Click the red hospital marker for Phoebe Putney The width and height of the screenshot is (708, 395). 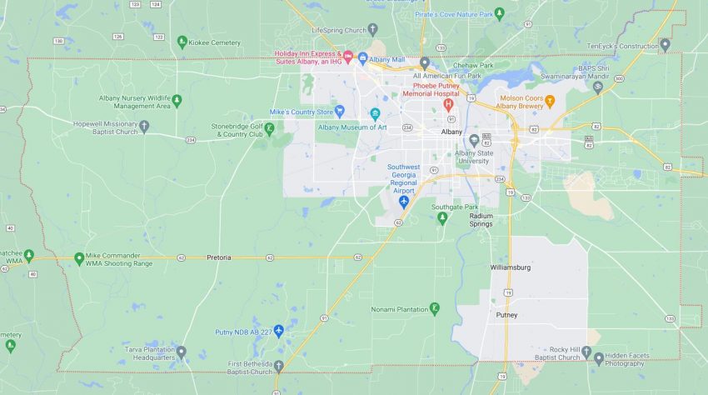[x=448, y=104]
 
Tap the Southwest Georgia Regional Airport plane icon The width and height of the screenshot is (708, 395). [x=404, y=202]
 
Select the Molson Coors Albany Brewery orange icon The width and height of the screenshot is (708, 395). [x=549, y=103]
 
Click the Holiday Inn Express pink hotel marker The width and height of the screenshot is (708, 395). [x=348, y=56]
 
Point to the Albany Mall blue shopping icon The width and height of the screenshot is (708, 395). [x=362, y=58]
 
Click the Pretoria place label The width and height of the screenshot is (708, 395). [x=219, y=257]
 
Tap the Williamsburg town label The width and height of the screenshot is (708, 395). [x=510, y=267]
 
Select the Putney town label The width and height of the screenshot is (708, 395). [x=506, y=315]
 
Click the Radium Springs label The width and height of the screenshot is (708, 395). [x=481, y=220]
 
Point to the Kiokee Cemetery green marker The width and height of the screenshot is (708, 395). [x=182, y=41]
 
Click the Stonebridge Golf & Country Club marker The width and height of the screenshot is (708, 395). [x=270, y=127]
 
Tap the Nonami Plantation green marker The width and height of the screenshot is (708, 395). [x=434, y=309]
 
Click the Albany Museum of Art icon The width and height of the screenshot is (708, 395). [x=375, y=113]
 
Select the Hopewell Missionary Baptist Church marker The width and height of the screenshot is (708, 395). [x=144, y=127]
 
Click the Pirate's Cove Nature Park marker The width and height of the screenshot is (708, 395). [x=499, y=13]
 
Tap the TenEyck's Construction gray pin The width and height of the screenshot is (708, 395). [x=664, y=45]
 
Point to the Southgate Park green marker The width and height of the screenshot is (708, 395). [x=442, y=218]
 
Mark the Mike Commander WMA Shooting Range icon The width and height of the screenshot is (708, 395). [x=79, y=258]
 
